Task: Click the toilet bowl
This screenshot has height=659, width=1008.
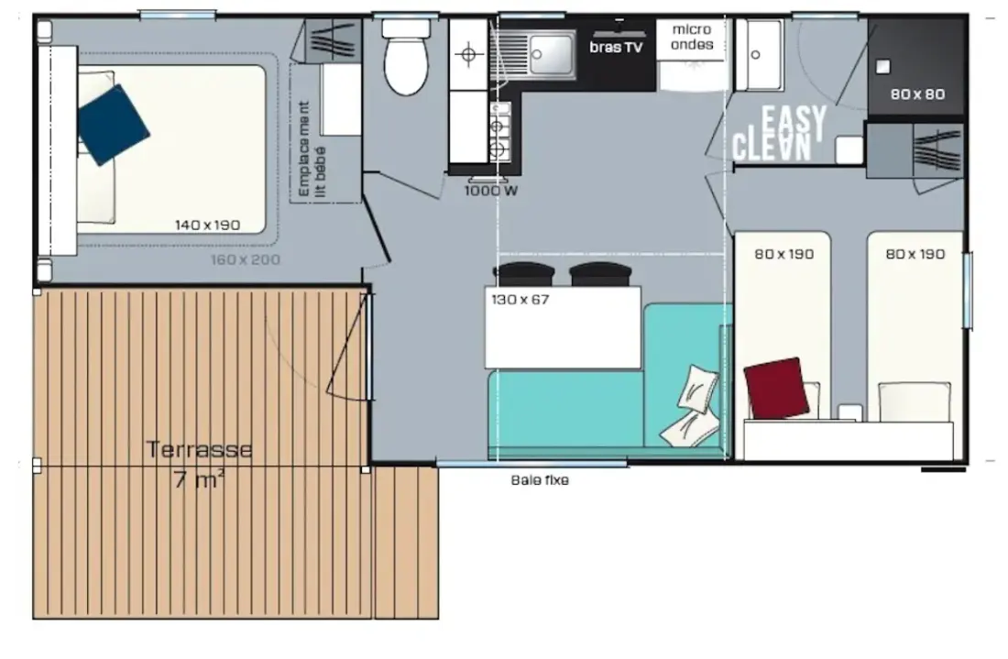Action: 406,57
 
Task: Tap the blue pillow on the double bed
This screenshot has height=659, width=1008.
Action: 113,125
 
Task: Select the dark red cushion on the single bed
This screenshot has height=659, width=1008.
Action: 776,389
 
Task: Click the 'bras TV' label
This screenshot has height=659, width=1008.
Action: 616,47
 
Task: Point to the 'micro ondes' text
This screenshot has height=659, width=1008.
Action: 692,38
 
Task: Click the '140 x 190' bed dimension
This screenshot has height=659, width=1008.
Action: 208,225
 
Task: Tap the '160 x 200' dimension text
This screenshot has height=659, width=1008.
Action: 246,259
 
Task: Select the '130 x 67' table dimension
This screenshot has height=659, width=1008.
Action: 520,300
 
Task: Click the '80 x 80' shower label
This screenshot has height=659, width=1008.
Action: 917,94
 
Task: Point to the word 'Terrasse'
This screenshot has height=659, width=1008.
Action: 199,449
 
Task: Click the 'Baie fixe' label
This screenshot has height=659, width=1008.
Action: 540,479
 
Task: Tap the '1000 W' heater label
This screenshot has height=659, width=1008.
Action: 491,191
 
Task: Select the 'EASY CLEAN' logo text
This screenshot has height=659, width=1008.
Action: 779,133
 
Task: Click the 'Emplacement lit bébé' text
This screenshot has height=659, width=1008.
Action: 312,149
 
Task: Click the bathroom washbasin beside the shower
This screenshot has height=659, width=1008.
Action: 760,55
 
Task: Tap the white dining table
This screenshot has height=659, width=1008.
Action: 564,327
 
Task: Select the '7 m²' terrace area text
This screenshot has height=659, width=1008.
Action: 199,479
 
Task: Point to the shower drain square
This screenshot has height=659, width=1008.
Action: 883,67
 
